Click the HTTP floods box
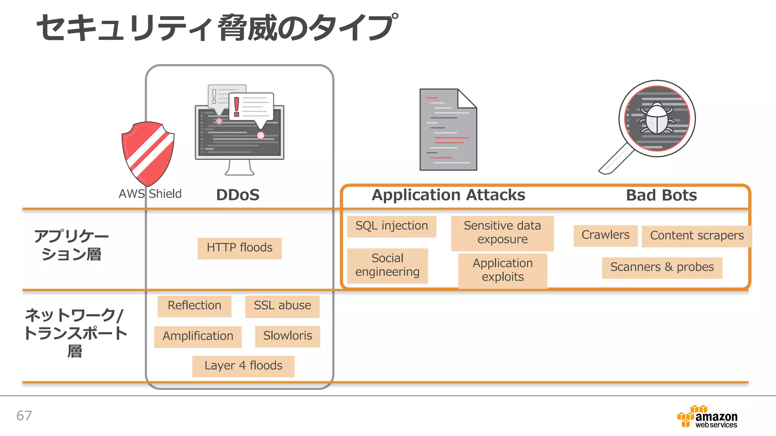pos(239,248)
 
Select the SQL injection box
pos(391,226)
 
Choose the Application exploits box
pos(502,270)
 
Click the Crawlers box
pos(605,235)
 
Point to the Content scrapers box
pos(696,236)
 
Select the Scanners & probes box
pos(662,268)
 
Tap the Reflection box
pos(194,306)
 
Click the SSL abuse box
pos(282,306)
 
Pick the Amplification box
pos(198,336)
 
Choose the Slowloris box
pos(288,336)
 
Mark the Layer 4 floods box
pos(243,366)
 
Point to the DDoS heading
pos(238,195)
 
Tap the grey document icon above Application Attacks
pos(448,130)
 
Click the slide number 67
pos(24,416)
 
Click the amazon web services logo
pos(707,417)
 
